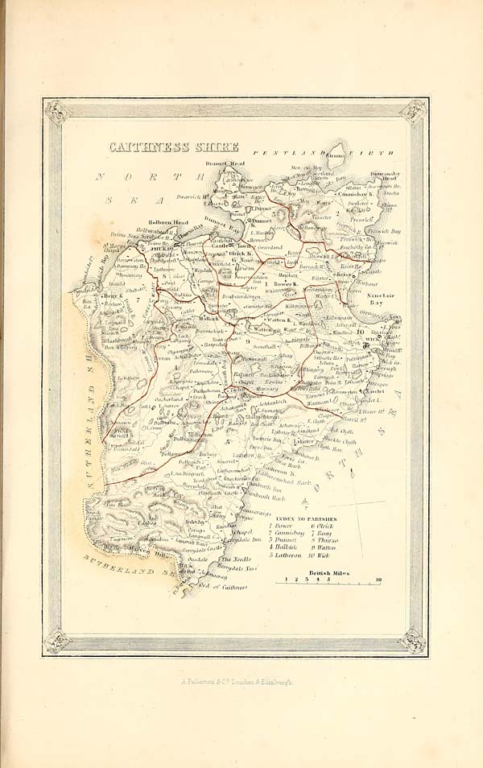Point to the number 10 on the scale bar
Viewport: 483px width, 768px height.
pyautogui.click(x=378, y=580)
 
